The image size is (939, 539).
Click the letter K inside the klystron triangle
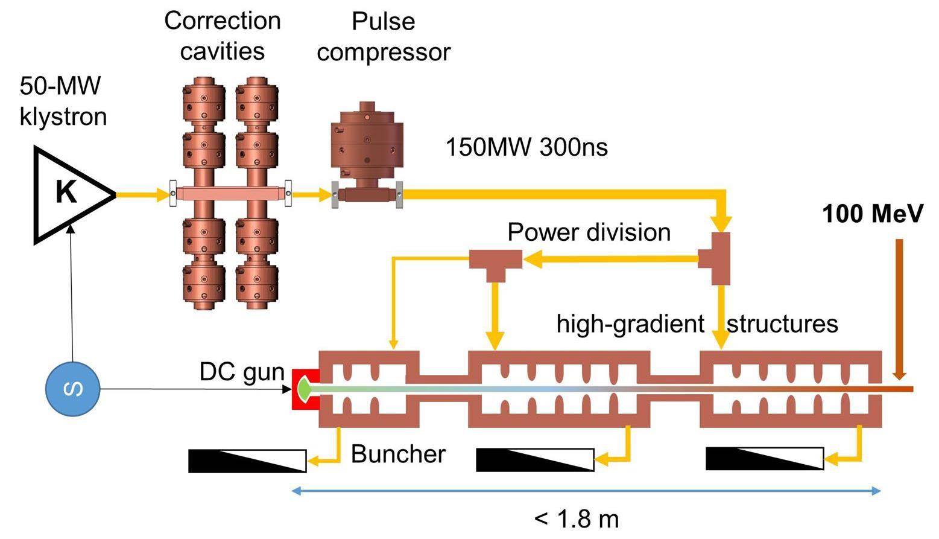pyautogui.click(x=66, y=193)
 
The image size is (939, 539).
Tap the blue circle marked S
pyautogui.click(x=73, y=389)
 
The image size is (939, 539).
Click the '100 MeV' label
pyautogui.click(x=873, y=214)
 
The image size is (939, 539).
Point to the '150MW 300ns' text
pyautogui.click(x=526, y=147)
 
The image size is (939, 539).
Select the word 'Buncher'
pyautogui.click(x=398, y=454)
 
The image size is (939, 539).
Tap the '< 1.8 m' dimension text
pyautogui.click(x=576, y=518)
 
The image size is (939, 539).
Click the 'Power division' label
pyautogui.click(x=589, y=232)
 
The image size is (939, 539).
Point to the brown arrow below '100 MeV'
pyautogui.click(x=899, y=308)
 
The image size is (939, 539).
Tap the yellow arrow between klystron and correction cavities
pyautogui.click(x=142, y=194)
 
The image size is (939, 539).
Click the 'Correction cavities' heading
pyautogui.click(x=223, y=35)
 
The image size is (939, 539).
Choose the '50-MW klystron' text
pyautogui.click(x=63, y=100)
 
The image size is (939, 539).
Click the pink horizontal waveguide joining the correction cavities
pyautogui.click(x=229, y=194)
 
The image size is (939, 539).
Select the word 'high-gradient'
pyautogui.click(x=630, y=324)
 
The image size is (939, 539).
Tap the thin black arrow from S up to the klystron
pyautogui.click(x=72, y=290)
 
